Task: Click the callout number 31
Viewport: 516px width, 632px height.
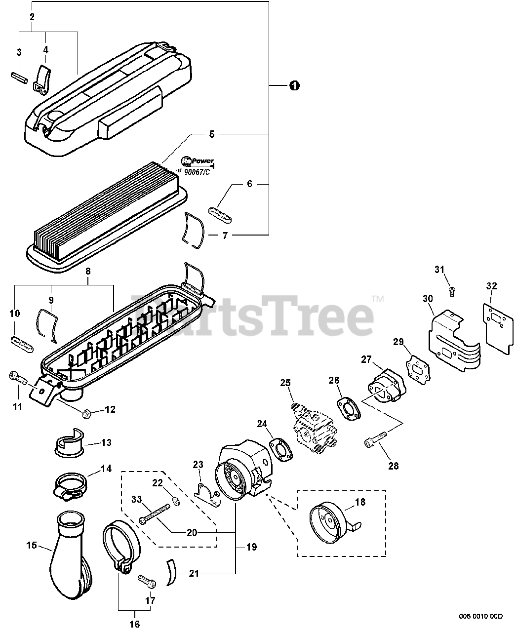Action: pyautogui.click(x=439, y=269)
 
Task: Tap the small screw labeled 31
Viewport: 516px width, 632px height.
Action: pyautogui.click(x=451, y=292)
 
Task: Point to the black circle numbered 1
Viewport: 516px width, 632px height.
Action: pyautogui.click(x=294, y=86)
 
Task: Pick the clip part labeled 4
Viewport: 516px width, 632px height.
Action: pyautogui.click(x=42, y=79)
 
